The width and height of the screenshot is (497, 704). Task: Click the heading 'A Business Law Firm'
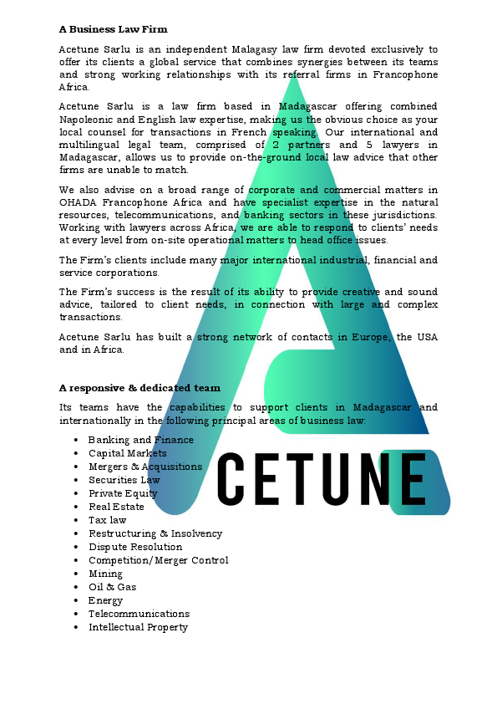click(x=113, y=29)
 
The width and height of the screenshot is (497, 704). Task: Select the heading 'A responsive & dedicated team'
click(x=139, y=388)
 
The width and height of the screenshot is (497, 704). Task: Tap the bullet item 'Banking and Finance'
click(x=140, y=440)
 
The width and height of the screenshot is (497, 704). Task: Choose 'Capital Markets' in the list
click(x=128, y=453)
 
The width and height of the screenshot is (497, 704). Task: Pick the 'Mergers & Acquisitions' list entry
click(x=145, y=467)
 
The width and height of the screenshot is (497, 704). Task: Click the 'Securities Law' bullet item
click(x=124, y=480)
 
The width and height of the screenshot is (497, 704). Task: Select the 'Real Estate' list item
click(x=116, y=507)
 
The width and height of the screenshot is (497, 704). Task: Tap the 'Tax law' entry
click(x=108, y=520)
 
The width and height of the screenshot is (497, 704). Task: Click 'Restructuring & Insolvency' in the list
click(x=155, y=533)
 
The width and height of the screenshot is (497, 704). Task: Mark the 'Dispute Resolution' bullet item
click(x=135, y=547)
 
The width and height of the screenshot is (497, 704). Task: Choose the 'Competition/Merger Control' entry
click(x=158, y=560)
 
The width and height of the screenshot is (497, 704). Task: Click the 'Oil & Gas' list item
click(x=112, y=587)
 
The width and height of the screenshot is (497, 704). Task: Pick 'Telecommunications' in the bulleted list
click(x=139, y=614)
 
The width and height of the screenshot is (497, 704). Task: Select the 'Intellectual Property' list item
click(x=138, y=627)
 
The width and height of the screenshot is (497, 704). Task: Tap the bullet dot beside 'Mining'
click(x=76, y=574)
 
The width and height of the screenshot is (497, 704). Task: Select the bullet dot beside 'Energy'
click(x=76, y=600)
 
